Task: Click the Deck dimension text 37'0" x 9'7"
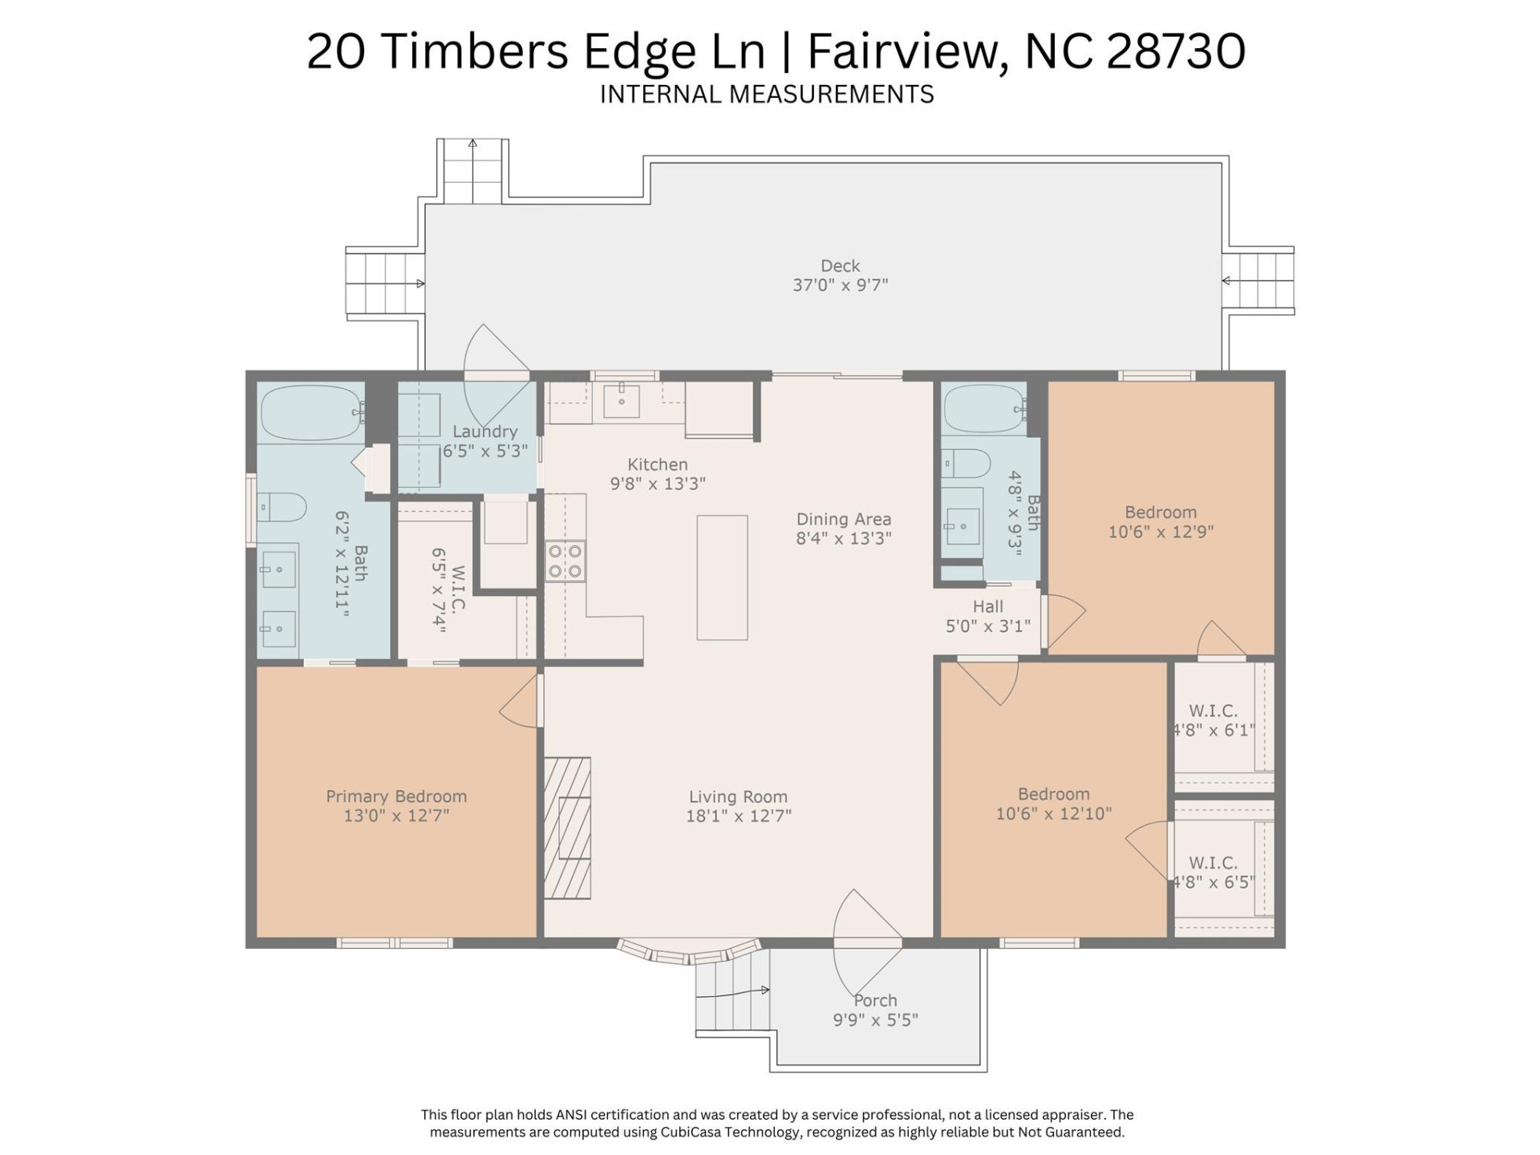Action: pos(840,286)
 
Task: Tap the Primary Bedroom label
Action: pos(396,796)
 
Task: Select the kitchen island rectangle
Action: pos(722,577)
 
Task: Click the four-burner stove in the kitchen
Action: pos(565,561)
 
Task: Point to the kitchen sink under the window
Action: pos(622,401)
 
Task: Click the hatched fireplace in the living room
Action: pos(567,828)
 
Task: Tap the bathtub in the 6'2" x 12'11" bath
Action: pos(311,413)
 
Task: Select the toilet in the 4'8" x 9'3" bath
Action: pos(966,464)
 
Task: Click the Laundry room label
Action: pos(484,432)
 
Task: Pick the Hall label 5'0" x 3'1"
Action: pos(987,607)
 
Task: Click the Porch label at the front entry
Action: pos(875,1001)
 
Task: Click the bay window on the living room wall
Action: pos(688,954)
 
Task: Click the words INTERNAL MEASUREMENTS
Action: pos(767,95)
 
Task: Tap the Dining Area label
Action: pos(843,520)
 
